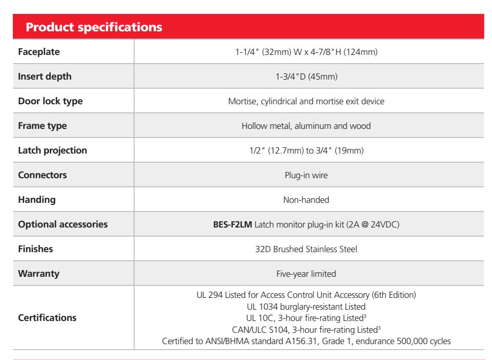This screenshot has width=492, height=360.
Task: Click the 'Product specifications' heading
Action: point(94,27)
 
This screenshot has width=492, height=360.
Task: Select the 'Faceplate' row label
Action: point(39,52)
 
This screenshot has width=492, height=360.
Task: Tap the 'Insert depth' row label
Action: point(45,77)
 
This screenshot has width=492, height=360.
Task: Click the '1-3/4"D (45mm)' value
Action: point(307,77)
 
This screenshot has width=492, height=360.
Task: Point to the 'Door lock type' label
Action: point(50,101)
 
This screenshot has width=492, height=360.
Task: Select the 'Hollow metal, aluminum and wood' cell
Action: point(306,126)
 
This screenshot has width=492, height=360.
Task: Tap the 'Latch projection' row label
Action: point(52,150)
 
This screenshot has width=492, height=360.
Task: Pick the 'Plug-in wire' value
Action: point(306,175)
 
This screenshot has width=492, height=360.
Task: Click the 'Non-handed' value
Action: point(306,200)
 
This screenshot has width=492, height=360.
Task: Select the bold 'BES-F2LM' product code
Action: point(233,224)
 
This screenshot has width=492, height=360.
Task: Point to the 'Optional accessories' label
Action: point(63,224)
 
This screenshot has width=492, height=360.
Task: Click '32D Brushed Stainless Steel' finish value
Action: point(306,249)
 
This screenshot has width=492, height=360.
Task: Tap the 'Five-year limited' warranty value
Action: point(306,274)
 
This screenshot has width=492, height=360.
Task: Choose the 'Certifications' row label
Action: point(47,317)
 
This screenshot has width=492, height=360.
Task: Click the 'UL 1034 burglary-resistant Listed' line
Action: point(306,307)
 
